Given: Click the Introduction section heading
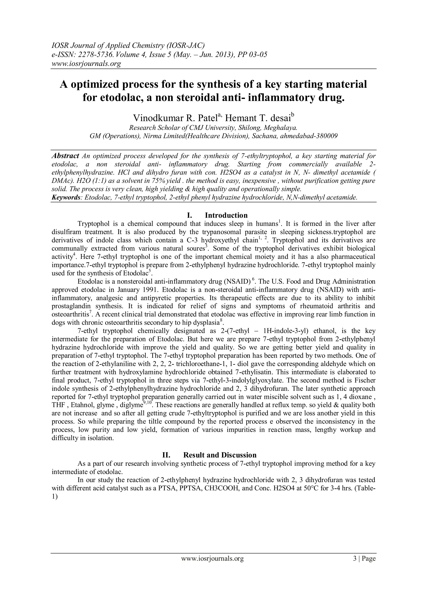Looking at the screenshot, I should pos(226,215).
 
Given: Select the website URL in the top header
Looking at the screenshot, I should pos(86,64).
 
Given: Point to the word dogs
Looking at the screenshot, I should pos(58,322).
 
